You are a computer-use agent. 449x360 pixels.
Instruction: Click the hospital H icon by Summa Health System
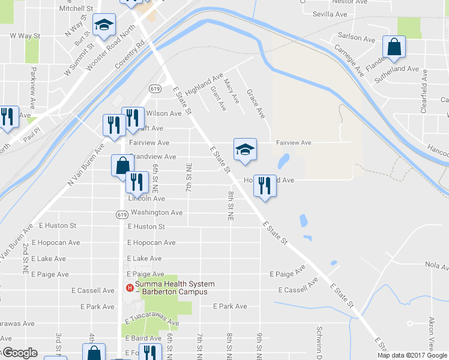[x=128, y=288]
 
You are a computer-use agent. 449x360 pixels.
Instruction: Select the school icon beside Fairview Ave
[x=245, y=149]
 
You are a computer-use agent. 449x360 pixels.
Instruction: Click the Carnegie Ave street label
[x=349, y=60]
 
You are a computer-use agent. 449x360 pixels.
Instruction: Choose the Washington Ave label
[x=156, y=212]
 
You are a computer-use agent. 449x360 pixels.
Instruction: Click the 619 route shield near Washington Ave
[x=121, y=214]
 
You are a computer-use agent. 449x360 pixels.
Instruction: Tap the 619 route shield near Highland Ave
[x=155, y=88]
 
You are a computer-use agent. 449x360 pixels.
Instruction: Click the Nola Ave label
[x=436, y=266]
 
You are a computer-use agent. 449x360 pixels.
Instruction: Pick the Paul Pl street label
[x=32, y=133]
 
